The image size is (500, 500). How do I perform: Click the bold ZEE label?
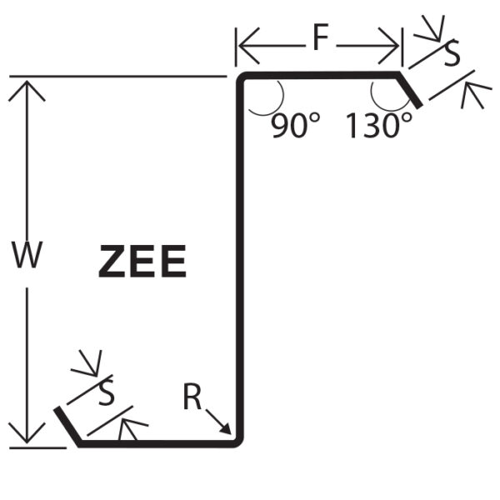click(x=142, y=262)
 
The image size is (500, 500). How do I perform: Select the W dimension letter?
click(x=27, y=256)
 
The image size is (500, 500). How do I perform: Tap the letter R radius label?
click(x=192, y=399)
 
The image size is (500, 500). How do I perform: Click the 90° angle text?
click(x=295, y=126)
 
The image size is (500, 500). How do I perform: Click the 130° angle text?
click(x=379, y=126)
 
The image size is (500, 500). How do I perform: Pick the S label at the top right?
click(x=451, y=56)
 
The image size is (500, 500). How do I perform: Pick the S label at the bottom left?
click(x=106, y=392)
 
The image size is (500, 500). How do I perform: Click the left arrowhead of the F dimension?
click(x=242, y=45)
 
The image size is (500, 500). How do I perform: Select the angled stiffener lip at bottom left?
click(x=67, y=427)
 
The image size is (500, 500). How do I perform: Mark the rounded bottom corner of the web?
click(x=240, y=441)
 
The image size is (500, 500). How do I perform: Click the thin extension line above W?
click(x=117, y=77)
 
